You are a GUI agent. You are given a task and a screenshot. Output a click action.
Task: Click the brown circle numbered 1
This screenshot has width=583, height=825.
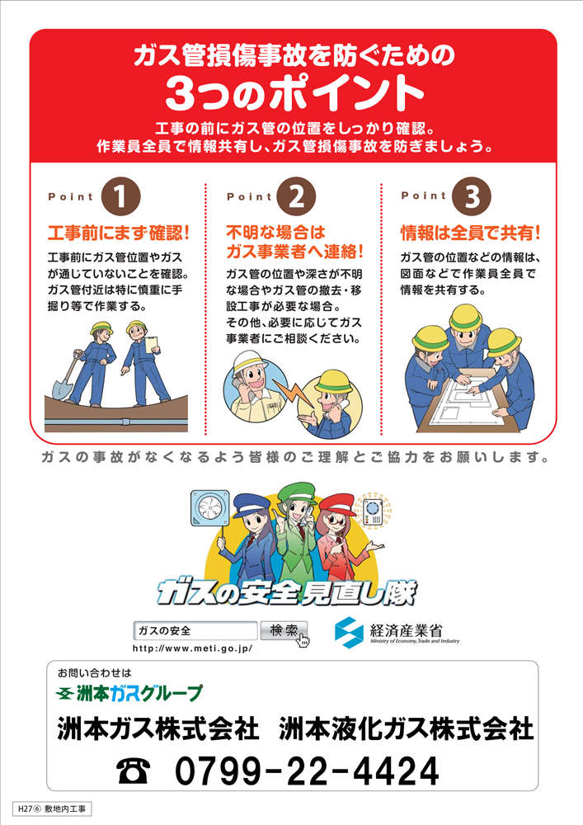(x=121, y=196)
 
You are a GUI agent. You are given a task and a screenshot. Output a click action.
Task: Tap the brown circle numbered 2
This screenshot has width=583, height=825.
(x=296, y=196)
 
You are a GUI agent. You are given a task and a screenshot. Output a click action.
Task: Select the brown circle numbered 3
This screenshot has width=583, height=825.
(x=472, y=196)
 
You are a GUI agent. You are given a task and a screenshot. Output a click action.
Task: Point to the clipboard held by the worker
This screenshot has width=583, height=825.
(x=152, y=345)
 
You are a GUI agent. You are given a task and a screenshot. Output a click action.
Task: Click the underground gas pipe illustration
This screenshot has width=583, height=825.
(x=115, y=422)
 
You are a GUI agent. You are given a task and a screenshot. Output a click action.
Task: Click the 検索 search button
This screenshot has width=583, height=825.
(x=284, y=630)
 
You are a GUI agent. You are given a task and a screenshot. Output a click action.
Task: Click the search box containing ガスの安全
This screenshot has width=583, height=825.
(x=195, y=630)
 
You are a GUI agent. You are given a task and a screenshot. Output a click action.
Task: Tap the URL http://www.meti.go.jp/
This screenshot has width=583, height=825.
(x=192, y=648)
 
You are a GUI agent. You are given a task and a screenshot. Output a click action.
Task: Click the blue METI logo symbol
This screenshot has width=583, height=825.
(x=349, y=633)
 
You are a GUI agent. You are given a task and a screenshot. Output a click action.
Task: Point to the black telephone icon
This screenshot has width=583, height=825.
(x=133, y=771)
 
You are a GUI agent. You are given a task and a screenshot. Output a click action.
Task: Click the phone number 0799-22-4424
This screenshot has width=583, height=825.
(x=307, y=771)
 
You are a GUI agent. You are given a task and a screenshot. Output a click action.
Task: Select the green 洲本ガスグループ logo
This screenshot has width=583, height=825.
(x=129, y=693)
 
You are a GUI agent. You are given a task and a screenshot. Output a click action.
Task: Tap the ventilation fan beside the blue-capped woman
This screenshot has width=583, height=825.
(x=210, y=508)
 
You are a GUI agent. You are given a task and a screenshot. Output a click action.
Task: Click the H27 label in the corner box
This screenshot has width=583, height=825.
(x=26, y=808)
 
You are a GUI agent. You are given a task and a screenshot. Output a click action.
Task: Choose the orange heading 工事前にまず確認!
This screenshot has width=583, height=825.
(x=118, y=233)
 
